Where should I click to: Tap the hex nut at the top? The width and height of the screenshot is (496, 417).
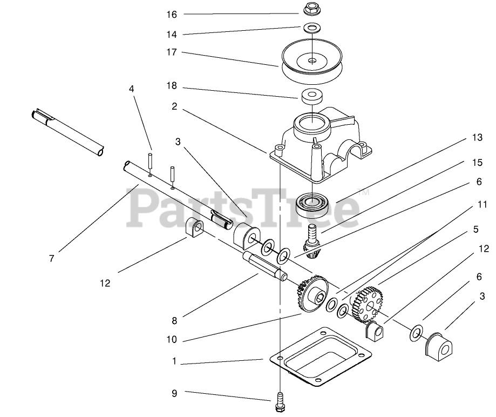click(311, 9)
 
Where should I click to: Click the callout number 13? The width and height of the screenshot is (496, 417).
click(476, 138)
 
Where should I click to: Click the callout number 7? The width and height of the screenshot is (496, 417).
click(51, 258)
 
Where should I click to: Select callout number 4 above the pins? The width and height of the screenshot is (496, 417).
click(131, 89)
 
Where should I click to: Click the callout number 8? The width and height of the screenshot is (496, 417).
click(174, 320)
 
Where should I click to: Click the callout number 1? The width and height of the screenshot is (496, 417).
click(174, 361)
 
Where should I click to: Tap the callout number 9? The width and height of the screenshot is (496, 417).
click(174, 393)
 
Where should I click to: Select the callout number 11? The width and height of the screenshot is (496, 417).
click(482, 205)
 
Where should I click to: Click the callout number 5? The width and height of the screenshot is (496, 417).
click(475, 229)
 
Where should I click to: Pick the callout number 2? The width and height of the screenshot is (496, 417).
click(174, 107)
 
